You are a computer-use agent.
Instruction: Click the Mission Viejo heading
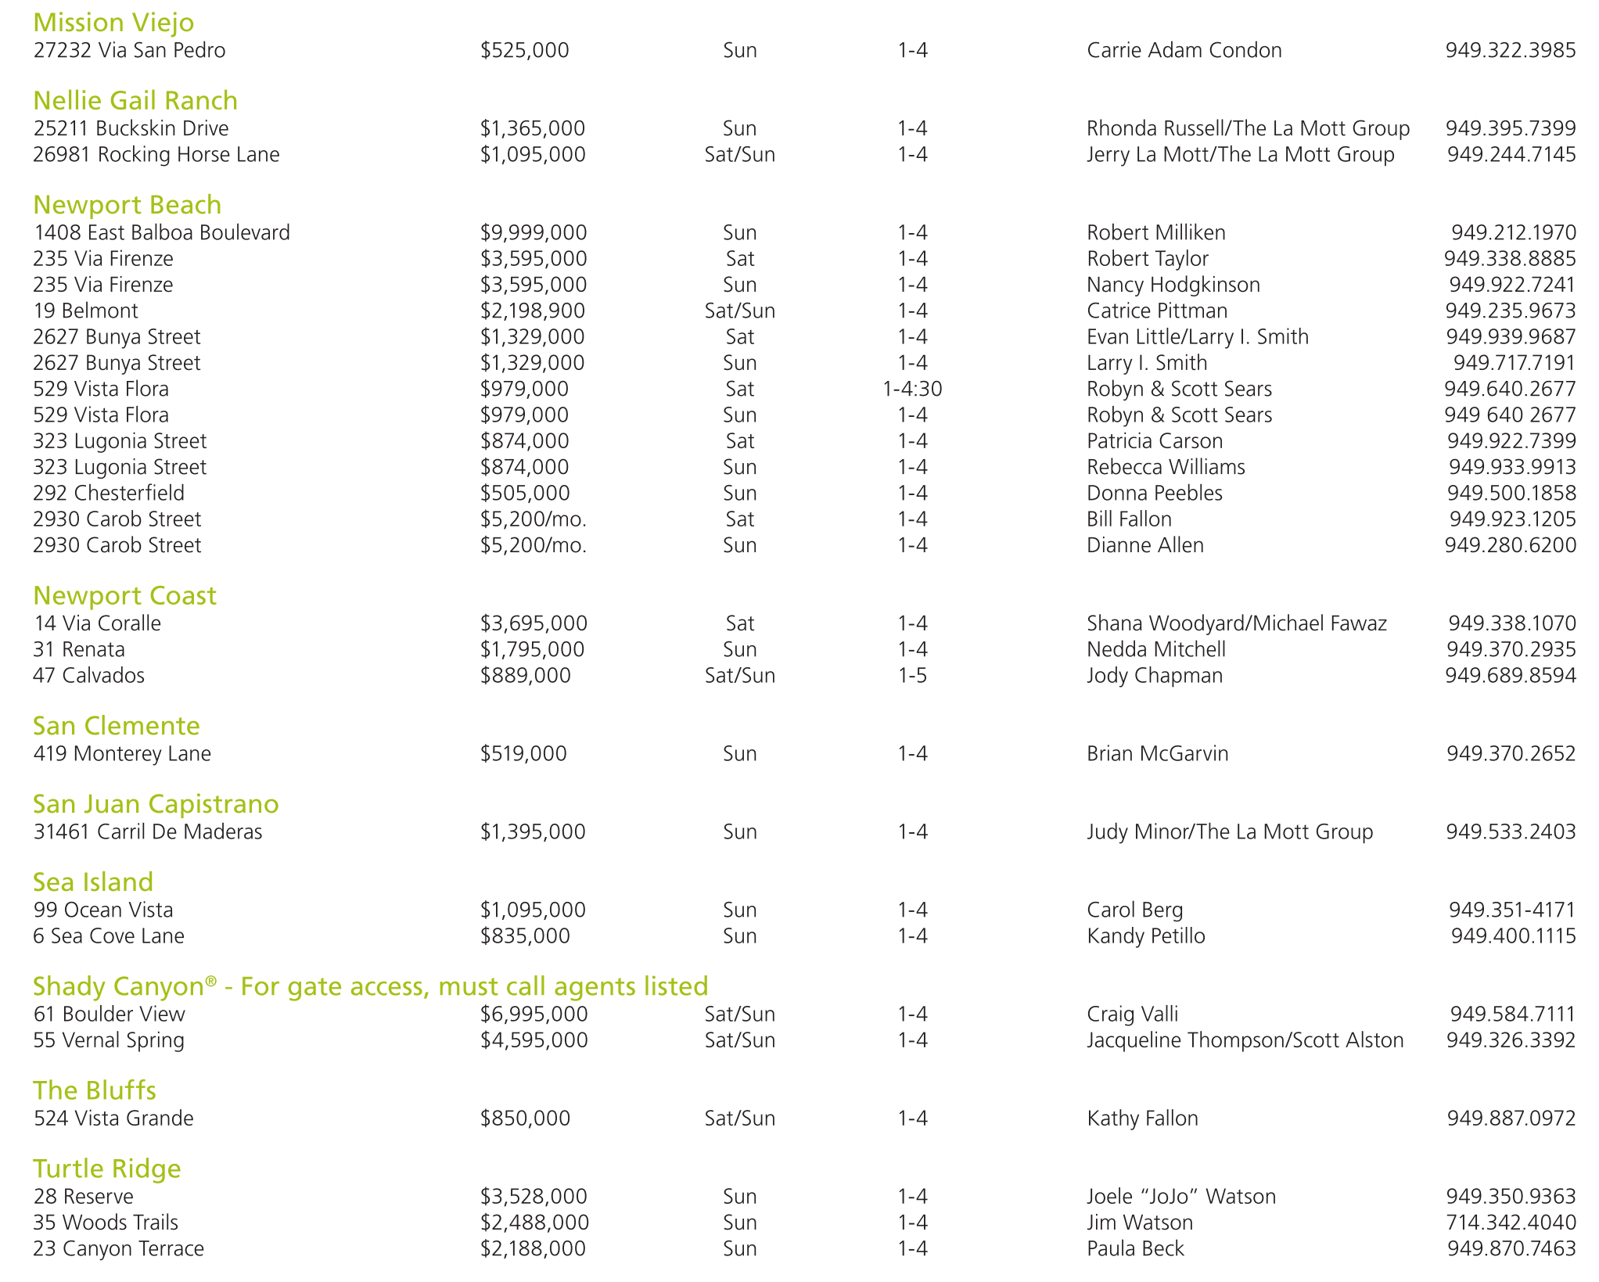click(x=113, y=23)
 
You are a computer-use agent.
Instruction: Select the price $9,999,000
click(x=534, y=232)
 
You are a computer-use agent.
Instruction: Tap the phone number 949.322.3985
click(x=1510, y=50)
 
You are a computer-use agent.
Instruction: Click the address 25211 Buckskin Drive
click(x=131, y=128)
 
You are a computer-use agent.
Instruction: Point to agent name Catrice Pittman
click(x=1156, y=311)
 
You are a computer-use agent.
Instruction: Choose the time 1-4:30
click(x=912, y=389)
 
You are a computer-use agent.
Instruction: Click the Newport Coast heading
click(x=124, y=596)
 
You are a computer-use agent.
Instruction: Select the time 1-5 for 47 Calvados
click(x=912, y=675)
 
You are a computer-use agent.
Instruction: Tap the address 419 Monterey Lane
click(x=122, y=753)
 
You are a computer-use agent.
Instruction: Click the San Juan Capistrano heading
click(x=156, y=804)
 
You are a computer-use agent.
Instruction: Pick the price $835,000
click(x=525, y=935)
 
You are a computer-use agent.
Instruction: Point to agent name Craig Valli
click(x=1132, y=1014)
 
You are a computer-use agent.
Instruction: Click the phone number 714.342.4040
click(x=1511, y=1222)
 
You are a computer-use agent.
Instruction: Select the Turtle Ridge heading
click(x=107, y=1169)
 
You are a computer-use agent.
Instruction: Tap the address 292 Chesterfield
click(x=109, y=493)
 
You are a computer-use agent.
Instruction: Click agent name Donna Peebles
click(x=1154, y=493)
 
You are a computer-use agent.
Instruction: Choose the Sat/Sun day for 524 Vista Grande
click(x=739, y=1118)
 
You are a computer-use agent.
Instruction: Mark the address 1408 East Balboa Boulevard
click(x=161, y=232)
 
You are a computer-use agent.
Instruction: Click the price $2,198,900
click(x=533, y=311)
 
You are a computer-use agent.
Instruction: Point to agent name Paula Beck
click(x=1135, y=1248)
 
